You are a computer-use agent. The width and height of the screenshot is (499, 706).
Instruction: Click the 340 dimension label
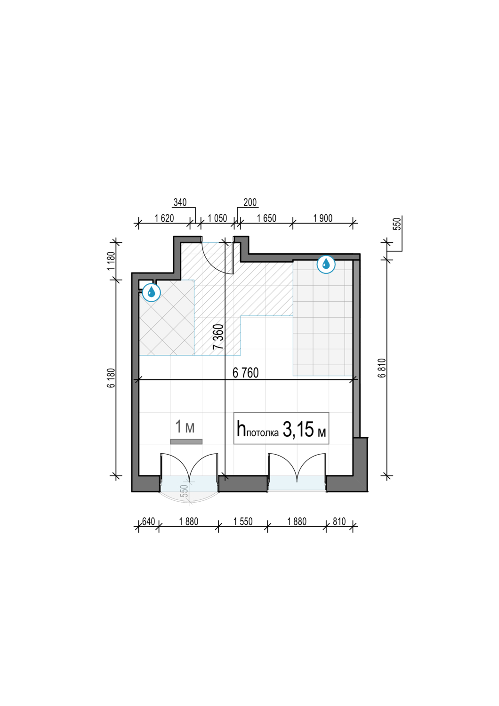[x=180, y=202]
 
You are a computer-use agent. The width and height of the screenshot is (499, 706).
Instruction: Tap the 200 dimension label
[x=250, y=202]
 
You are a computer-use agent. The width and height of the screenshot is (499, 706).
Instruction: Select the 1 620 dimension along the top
[x=164, y=218]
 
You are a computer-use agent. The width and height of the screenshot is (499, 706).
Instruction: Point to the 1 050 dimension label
[x=217, y=218]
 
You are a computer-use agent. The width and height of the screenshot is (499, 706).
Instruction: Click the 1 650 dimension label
[x=266, y=218]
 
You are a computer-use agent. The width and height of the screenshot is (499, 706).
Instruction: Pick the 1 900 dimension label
[x=323, y=218]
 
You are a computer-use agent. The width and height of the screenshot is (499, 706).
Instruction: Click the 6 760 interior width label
[x=246, y=373]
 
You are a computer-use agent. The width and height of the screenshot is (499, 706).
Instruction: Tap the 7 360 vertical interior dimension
[x=218, y=337]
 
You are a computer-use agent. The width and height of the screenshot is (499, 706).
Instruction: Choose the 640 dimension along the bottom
[x=148, y=521]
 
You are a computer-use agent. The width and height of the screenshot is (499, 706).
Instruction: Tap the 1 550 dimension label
[x=243, y=521]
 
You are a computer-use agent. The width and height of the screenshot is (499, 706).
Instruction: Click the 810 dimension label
[x=339, y=521]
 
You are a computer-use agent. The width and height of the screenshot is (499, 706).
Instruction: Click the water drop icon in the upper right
[x=326, y=264]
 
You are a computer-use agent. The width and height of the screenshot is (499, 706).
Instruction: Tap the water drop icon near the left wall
[x=152, y=292]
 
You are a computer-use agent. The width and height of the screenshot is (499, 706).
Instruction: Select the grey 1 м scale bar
[x=186, y=441]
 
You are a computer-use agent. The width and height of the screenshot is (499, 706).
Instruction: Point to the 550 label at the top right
[x=397, y=224]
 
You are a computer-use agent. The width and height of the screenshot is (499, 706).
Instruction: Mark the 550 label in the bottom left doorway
[x=185, y=491]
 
